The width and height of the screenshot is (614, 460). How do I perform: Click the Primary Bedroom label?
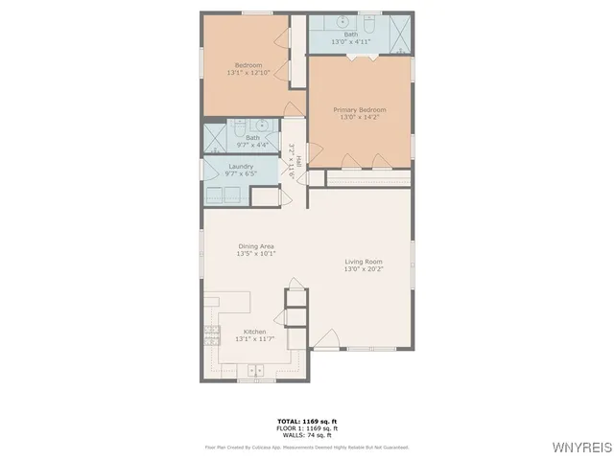click(359, 110)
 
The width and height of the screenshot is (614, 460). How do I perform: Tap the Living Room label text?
click(364, 262)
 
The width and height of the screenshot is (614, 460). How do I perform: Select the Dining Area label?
click(257, 246)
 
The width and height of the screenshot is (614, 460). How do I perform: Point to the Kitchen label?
click(254, 332)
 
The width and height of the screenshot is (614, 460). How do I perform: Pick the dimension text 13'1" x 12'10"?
click(248, 73)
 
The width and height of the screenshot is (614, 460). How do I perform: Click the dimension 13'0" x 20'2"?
click(364, 269)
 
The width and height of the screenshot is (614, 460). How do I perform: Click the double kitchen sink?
click(256, 370)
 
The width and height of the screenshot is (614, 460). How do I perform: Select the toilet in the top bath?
click(368, 21)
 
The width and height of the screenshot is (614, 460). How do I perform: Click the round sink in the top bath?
click(342, 21)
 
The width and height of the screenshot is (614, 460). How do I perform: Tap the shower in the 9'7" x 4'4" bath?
click(214, 138)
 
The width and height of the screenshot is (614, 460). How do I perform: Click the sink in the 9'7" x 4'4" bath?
click(260, 126)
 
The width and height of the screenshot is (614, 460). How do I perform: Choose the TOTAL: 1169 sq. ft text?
click(306, 422)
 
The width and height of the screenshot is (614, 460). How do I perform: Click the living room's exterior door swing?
click(327, 338)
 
